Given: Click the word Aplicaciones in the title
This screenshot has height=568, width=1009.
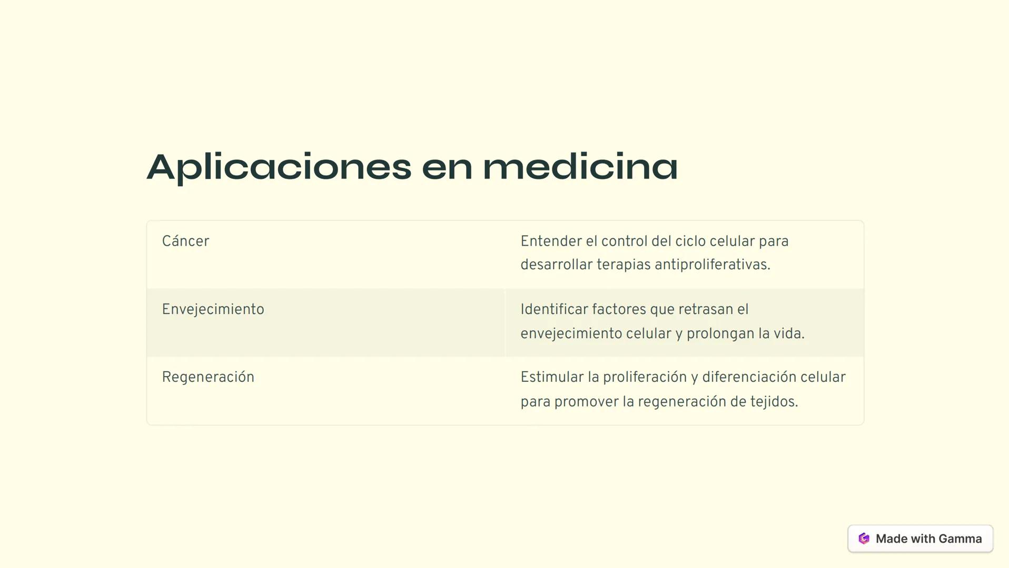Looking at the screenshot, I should [279, 167].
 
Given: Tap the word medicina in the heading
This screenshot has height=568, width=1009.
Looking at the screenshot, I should [580, 167].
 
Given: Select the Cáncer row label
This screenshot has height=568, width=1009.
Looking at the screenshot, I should [185, 241].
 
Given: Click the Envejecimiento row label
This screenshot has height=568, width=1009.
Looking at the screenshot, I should [213, 310].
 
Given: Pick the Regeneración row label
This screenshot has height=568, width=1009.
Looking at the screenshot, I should [208, 378].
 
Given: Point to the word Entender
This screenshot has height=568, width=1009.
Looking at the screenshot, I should [551, 241].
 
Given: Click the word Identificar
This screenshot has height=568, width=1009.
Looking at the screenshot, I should [554, 310].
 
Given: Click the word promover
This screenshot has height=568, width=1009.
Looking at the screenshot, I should [586, 402].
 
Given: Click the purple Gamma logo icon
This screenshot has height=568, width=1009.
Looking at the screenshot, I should [864, 539].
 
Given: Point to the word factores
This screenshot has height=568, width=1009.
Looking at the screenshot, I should [619, 310].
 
